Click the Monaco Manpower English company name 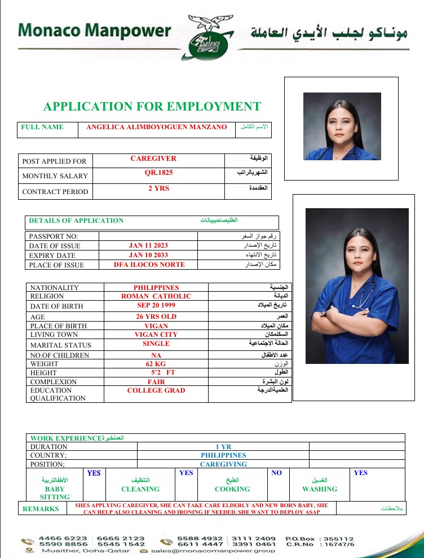point(94,30)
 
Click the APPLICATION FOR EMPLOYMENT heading point(152,107)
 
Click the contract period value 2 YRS point(158,188)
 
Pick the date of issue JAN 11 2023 point(148,245)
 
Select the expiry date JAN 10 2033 point(148,255)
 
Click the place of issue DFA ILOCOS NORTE point(149,264)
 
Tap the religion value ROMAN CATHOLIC point(156,296)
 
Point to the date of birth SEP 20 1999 point(156,306)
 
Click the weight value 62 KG point(156,364)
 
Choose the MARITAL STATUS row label point(60,345)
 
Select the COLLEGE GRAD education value point(156,390)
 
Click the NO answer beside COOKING point(276,473)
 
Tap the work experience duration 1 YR point(223,446)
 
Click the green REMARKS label point(41,508)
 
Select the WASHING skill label point(320,489)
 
